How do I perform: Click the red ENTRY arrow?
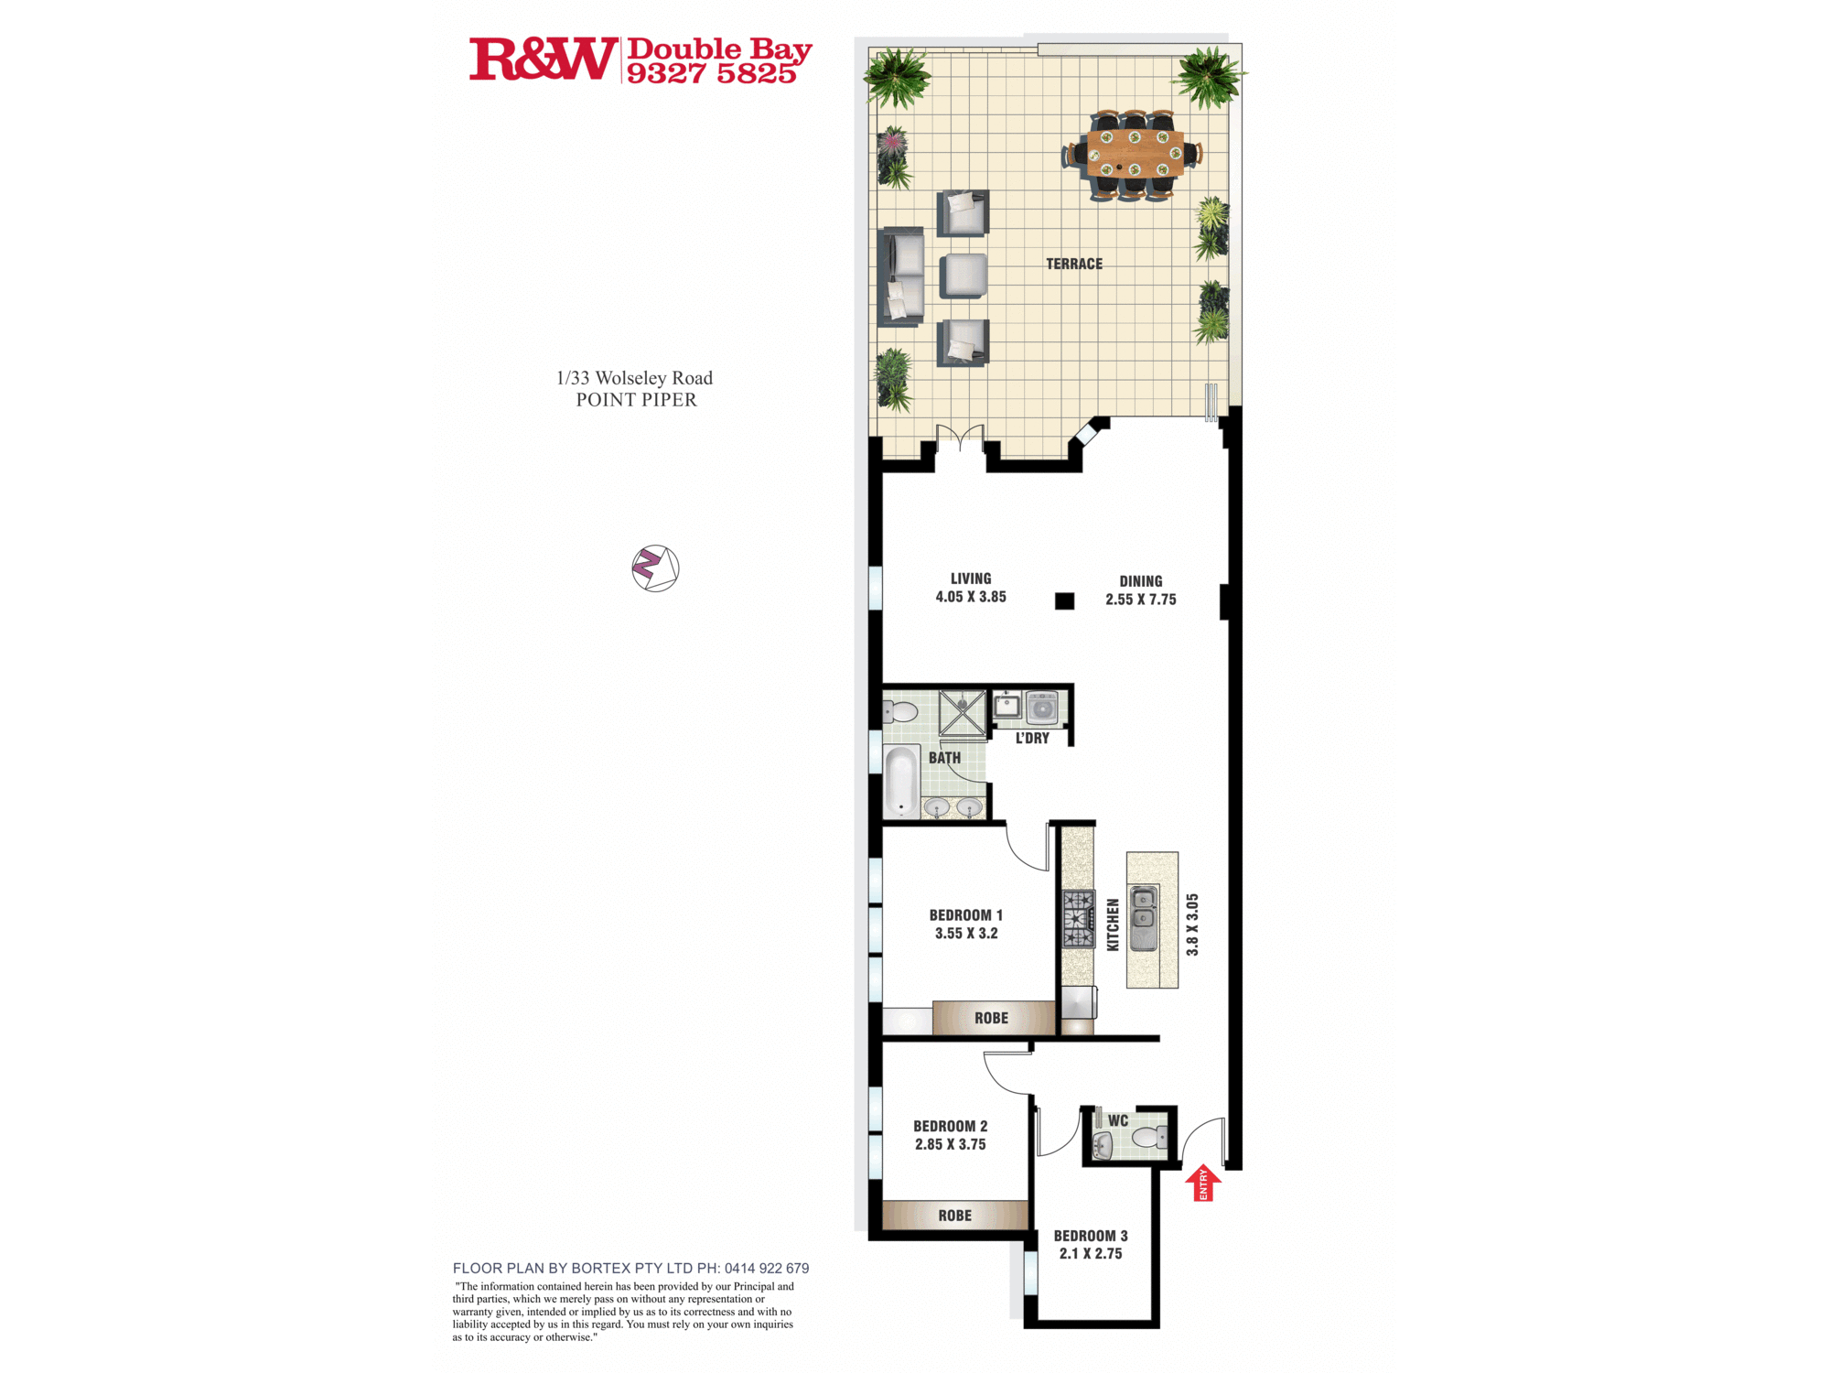(x=1203, y=1183)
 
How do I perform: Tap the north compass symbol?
(x=655, y=568)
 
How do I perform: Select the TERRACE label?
(x=1074, y=264)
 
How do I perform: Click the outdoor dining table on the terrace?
(x=1135, y=155)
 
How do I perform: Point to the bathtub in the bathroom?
(x=901, y=781)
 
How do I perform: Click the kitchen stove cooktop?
(x=1078, y=919)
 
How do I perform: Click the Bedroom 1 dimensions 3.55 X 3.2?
(x=966, y=934)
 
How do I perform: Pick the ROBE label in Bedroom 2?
(x=954, y=1216)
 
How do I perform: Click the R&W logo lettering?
(x=544, y=59)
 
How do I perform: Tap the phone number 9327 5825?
(x=711, y=74)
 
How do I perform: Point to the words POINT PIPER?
(x=636, y=400)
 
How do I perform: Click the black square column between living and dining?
(x=1064, y=601)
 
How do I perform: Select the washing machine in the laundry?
(x=1042, y=708)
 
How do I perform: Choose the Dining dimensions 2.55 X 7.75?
(x=1141, y=600)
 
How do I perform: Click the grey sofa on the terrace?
(x=900, y=276)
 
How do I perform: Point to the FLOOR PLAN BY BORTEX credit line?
(x=630, y=1269)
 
